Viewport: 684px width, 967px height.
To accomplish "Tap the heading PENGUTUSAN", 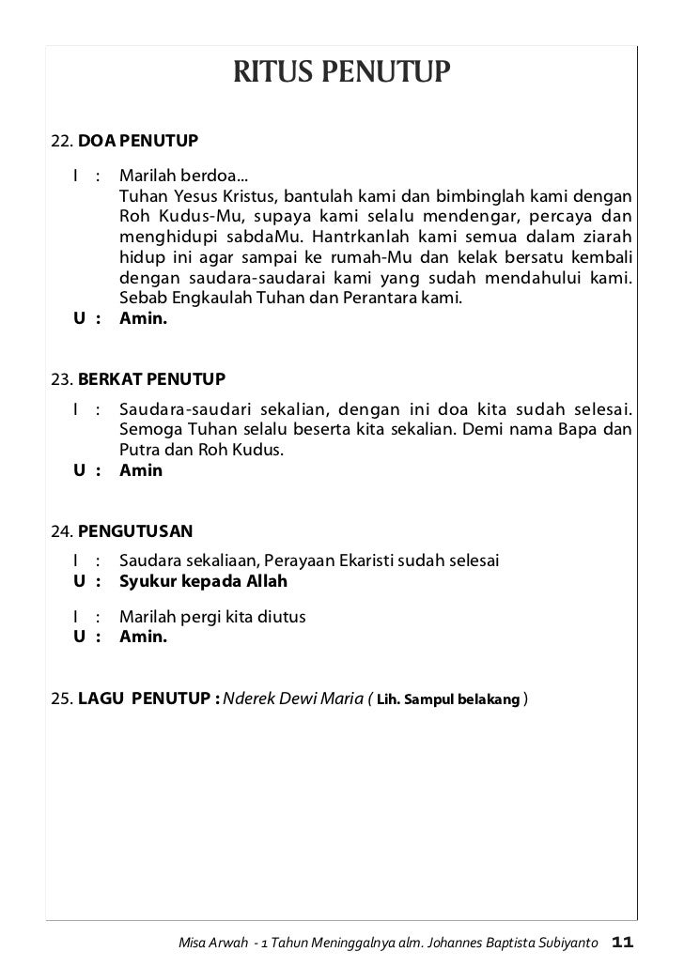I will click(x=135, y=531).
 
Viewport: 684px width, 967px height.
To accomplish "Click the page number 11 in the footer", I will click(x=623, y=941).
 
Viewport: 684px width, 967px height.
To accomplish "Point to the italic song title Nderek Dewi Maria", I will click(x=294, y=698).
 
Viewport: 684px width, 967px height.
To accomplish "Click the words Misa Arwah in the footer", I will click(x=214, y=942).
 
